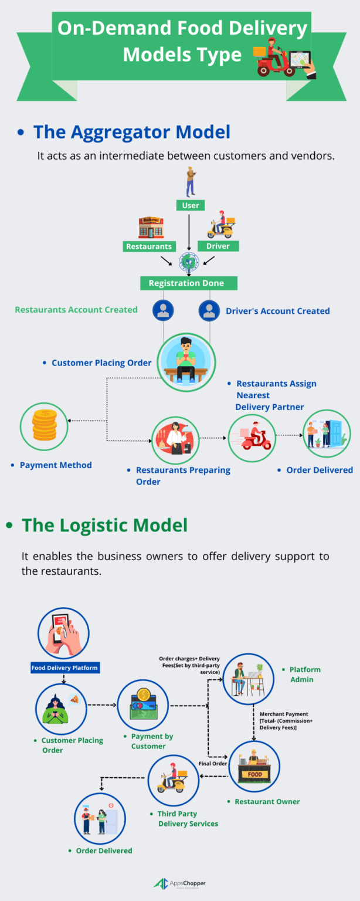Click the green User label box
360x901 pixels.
[x=191, y=205]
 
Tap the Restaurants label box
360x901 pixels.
[x=149, y=246]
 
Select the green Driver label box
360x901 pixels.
[x=218, y=246]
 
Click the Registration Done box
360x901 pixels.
[x=189, y=283]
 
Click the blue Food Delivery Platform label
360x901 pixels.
[x=64, y=668]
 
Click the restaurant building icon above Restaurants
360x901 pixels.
[x=151, y=227]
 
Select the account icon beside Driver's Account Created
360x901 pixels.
[x=209, y=310]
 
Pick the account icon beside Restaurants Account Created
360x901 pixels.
[x=163, y=310]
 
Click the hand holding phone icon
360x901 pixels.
[x=63, y=634]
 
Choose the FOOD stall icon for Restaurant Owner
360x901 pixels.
[x=254, y=767]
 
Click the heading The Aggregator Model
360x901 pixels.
[x=132, y=132]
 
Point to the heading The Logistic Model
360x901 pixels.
[x=105, y=525]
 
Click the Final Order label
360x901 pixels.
[x=213, y=764]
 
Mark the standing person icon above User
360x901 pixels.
[x=191, y=182]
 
